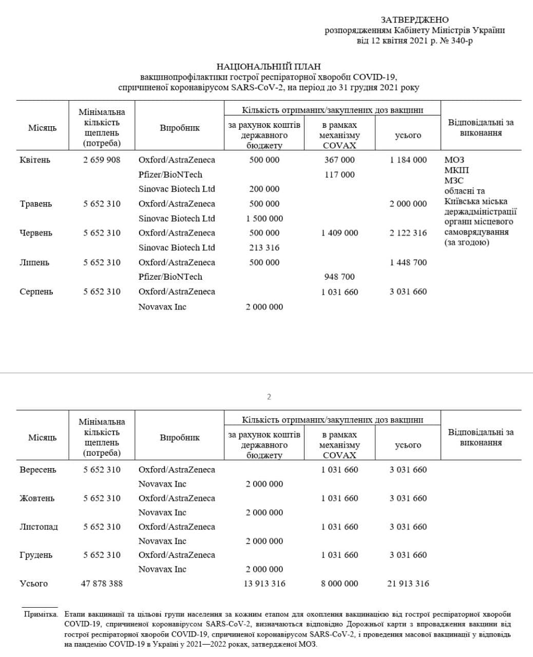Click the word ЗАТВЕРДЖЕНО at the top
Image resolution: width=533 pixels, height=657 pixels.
tap(414, 20)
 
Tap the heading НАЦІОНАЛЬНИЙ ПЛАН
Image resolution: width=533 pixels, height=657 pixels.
tap(269, 67)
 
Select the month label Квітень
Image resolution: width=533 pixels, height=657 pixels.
tap(35, 160)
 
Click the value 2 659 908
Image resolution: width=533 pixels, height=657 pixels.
tap(102, 160)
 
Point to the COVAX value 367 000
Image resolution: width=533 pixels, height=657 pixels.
tap(339, 160)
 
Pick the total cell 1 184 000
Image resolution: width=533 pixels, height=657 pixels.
tap(408, 160)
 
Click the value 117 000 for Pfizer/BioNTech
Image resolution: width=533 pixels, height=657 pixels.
tap(339, 175)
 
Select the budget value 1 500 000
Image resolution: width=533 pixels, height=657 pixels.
tap(264, 218)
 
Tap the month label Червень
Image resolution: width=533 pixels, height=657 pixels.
tap(35, 233)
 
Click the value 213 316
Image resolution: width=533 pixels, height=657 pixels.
tap(264, 247)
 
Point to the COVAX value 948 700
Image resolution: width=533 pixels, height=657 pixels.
tap(339, 277)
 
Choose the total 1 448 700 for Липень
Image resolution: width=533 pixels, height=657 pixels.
tap(408, 262)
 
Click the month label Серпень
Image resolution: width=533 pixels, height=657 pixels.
tap(35, 292)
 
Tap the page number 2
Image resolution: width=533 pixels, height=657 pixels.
tap(269, 397)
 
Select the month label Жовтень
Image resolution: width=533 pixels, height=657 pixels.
tap(36, 498)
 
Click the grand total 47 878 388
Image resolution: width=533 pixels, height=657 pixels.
tap(102, 584)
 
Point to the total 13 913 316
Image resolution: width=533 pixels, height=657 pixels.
tap(264, 584)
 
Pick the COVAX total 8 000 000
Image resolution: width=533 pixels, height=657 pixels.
tap(339, 584)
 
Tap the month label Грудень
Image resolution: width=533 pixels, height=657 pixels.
tap(36, 555)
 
